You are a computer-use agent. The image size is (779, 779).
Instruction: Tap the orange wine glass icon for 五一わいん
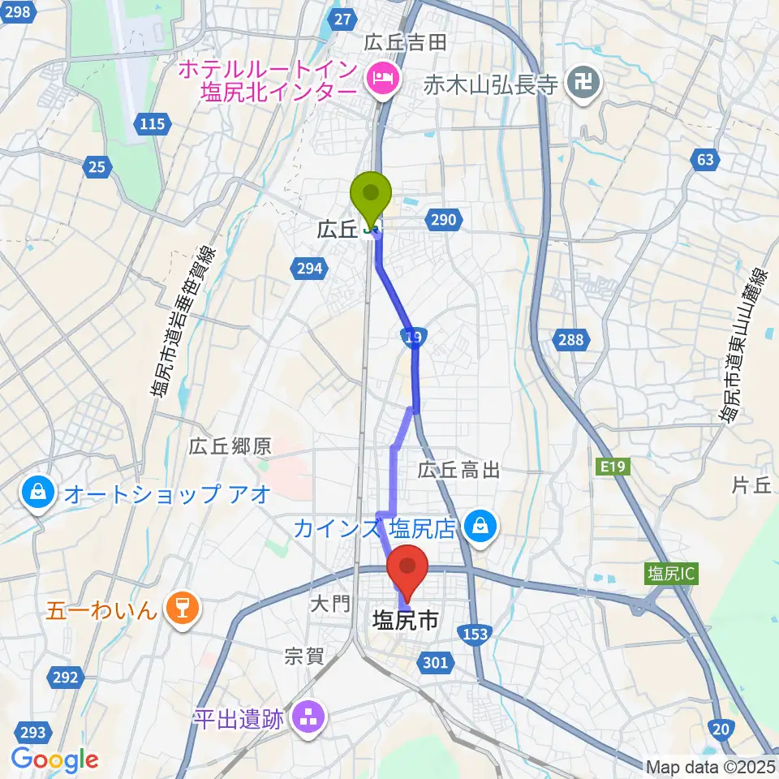click(181, 608)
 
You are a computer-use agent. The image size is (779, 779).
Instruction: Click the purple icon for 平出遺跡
click(308, 717)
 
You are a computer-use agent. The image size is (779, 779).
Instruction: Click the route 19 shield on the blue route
click(413, 336)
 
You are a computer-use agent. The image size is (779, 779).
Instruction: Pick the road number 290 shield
click(445, 220)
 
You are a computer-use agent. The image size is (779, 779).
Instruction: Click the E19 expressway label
click(612, 466)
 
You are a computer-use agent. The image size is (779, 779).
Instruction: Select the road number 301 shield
click(435, 664)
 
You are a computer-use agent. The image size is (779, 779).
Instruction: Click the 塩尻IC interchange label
click(670, 574)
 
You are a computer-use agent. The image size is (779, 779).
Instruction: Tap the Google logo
click(54, 760)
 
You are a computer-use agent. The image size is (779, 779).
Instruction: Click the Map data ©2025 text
click(709, 766)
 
